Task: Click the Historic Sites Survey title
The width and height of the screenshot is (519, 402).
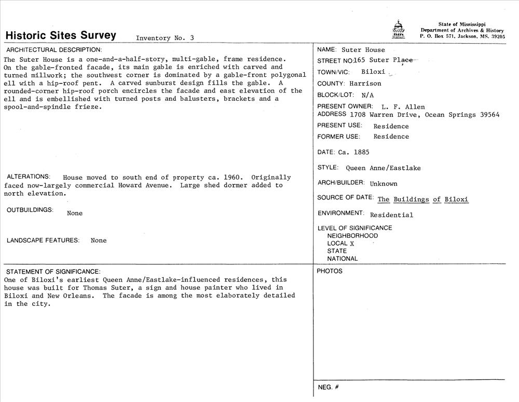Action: pyautogui.click(x=61, y=35)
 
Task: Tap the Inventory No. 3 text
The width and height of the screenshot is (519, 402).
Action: pyautogui.click(x=165, y=38)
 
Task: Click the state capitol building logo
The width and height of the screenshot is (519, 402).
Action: pyautogui.click(x=398, y=30)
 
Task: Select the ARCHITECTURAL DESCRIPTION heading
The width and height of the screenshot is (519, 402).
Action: pyautogui.click(x=54, y=50)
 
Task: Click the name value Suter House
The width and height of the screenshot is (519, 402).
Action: pyautogui.click(x=363, y=50)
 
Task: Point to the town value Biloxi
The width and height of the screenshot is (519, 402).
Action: pyautogui.click(x=374, y=72)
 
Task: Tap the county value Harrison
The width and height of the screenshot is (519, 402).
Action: pyautogui.click(x=365, y=84)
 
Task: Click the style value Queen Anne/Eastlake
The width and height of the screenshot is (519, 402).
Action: pyautogui.click(x=383, y=168)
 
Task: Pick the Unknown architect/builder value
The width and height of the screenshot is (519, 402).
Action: pyautogui.click(x=384, y=183)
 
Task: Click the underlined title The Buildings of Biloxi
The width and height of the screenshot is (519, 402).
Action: pyautogui.click(x=423, y=199)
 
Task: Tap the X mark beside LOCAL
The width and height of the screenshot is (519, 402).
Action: pyautogui.click(x=352, y=243)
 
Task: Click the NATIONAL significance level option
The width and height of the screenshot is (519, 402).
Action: pyautogui.click(x=342, y=259)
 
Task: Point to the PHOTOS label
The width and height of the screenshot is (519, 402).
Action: pyautogui.click(x=330, y=271)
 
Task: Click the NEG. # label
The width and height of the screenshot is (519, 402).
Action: pyautogui.click(x=328, y=387)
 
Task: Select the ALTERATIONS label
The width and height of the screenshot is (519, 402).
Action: pyautogui.click(x=29, y=177)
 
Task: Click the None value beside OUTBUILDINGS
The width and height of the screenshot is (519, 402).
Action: pyautogui.click(x=75, y=213)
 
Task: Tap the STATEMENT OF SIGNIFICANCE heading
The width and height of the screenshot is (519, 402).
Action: pyautogui.click(x=53, y=272)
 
